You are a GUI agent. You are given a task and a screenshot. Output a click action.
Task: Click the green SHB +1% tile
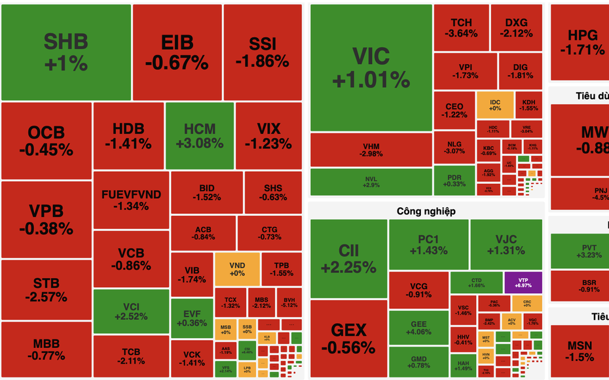click(x=65, y=52)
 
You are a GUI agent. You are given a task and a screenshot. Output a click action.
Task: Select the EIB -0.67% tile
click(x=177, y=52)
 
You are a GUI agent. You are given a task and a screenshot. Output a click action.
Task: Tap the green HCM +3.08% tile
click(x=200, y=136)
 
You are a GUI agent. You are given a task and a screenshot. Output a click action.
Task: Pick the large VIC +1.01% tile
click(x=371, y=67)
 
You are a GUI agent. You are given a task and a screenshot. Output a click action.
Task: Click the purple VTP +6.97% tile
click(x=523, y=283)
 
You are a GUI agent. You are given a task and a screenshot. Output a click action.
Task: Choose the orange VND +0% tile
click(x=237, y=269)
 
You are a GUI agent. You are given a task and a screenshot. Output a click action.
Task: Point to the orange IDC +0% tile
click(x=494, y=104)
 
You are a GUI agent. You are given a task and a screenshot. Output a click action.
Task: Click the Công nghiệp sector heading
click(x=426, y=211)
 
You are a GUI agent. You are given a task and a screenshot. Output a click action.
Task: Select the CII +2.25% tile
click(x=348, y=259)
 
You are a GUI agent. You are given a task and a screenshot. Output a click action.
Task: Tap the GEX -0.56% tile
click(x=348, y=338)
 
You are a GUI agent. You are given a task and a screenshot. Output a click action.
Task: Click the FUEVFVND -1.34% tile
click(x=131, y=200)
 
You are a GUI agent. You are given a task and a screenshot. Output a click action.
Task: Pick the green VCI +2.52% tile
click(x=131, y=311)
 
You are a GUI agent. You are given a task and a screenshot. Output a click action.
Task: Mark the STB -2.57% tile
click(x=46, y=290)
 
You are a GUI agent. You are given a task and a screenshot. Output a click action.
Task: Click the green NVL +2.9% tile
click(x=371, y=182)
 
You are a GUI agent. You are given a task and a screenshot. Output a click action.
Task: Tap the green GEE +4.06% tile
click(x=418, y=328)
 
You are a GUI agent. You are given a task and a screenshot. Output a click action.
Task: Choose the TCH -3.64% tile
click(x=461, y=27)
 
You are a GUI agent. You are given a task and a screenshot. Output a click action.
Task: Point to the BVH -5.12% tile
click(x=289, y=302)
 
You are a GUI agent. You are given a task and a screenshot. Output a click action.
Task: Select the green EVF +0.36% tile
click(x=192, y=317)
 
